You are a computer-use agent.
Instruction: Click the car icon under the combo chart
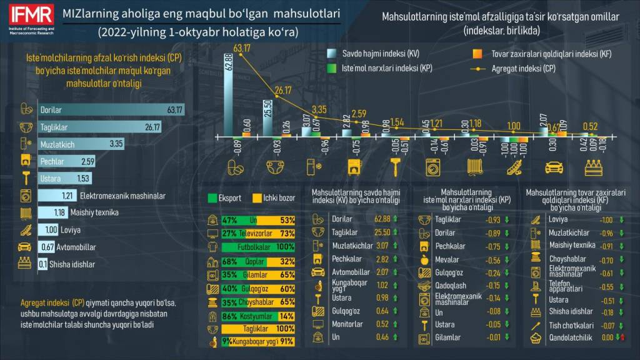click(554, 167)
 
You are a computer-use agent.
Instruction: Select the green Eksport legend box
click(212, 198)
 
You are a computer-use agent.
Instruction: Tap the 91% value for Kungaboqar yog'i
click(287, 341)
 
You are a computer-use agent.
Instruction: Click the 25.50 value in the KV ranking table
click(381, 232)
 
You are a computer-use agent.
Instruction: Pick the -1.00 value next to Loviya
click(606, 219)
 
